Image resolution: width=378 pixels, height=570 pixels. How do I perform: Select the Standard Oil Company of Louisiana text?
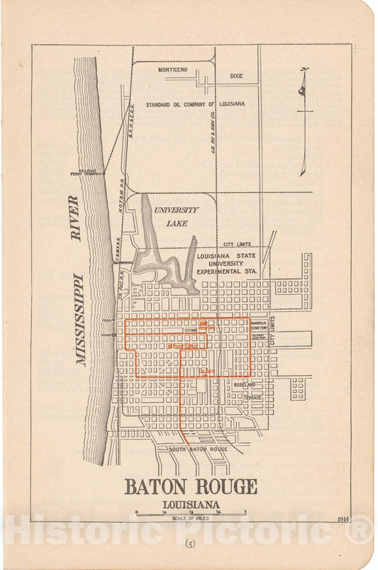coord(195,104)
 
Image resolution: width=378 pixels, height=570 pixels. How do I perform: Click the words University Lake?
coord(176,216)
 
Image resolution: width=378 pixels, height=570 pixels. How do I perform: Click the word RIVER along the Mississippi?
coord(75,218)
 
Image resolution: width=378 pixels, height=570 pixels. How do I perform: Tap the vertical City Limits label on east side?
coord(272,331)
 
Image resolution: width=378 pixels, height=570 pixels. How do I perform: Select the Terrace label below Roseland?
coord(253,398)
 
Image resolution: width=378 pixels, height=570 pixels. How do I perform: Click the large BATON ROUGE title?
coord(191,487)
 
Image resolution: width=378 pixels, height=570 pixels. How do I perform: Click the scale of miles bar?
coord(190,512)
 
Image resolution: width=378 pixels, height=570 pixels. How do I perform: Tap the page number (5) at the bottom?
coord(190,544)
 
